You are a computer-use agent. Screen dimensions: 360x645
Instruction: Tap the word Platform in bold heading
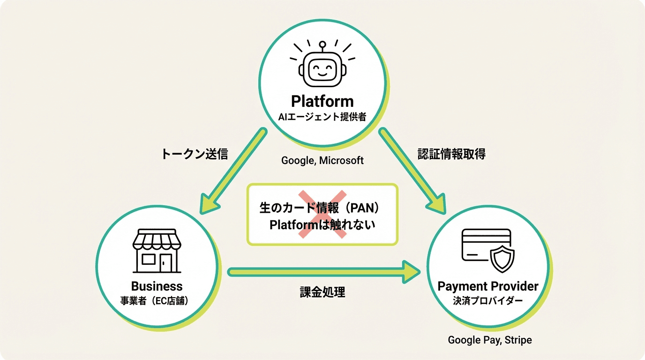click(322, 101)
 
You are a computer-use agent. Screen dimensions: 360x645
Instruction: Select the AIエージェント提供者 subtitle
click(322, 117)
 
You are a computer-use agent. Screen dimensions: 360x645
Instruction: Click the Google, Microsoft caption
click(322, 160)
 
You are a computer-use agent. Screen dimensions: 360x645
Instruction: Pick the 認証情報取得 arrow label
click(451, 154)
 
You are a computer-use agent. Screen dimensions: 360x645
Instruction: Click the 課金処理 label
click(322, 292)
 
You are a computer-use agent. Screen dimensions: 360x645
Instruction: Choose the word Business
click(157, 286)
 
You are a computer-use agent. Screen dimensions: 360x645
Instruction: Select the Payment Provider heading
click(487, 286)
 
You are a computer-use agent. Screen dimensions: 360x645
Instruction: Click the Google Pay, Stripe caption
click(489, 340)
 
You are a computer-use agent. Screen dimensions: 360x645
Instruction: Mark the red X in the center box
click(322, 214)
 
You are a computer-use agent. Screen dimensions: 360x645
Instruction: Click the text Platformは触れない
click(322, 225)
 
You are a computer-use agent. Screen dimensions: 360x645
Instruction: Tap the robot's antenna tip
click(322, 45)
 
